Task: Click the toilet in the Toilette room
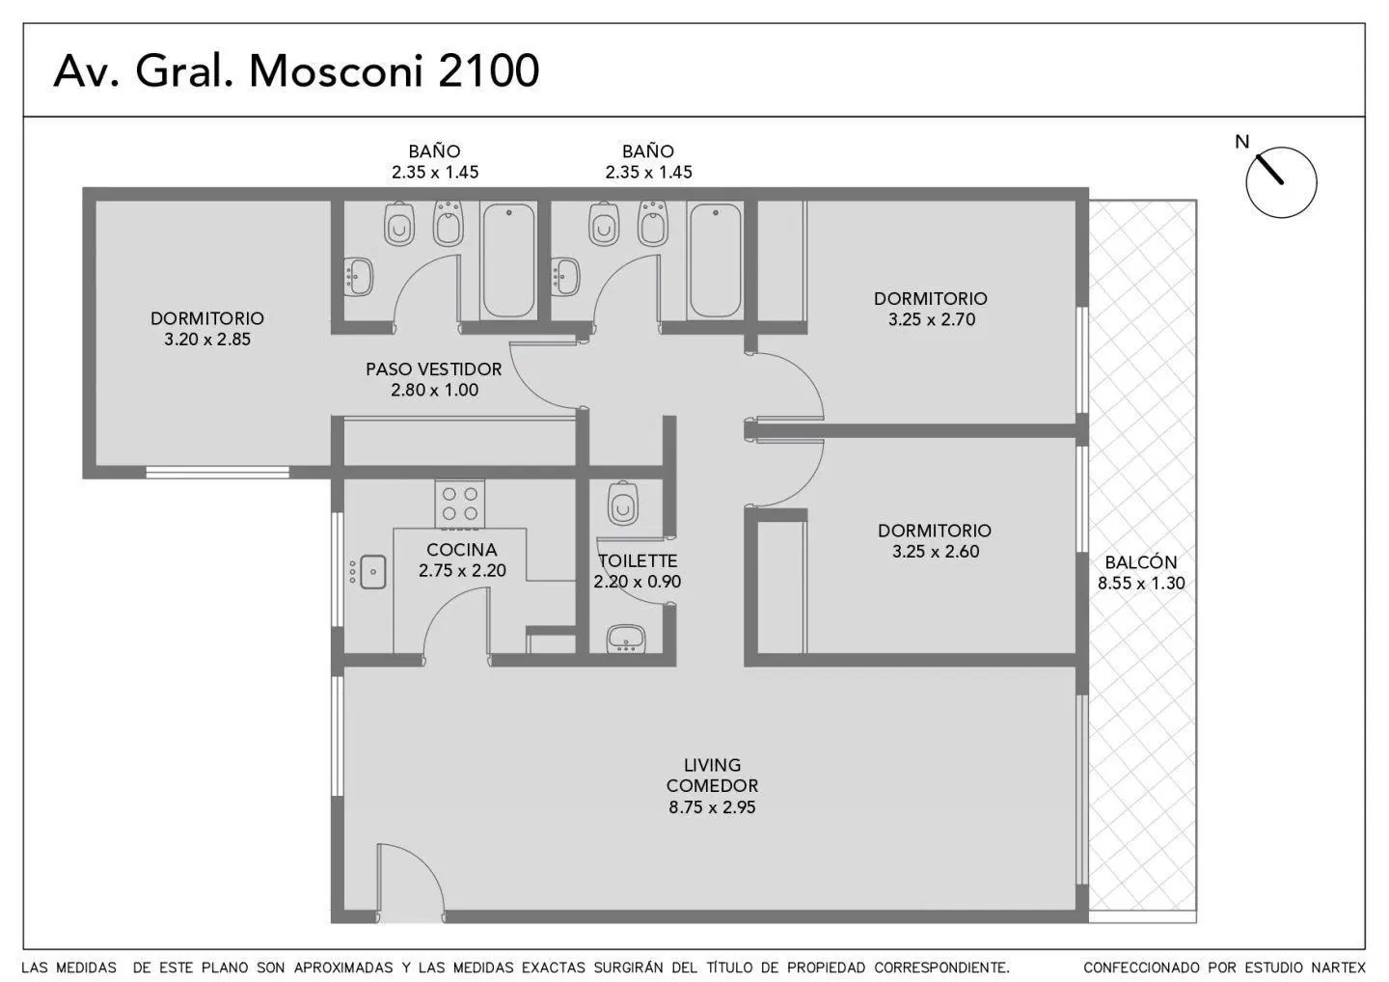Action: [x=622, y=503]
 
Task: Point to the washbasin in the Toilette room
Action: [x=626, y=639]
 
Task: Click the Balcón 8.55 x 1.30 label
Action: [x=1141, y=572]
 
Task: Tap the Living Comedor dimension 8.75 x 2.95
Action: [x=712, y=807]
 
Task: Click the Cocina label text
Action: [x=462, y=550]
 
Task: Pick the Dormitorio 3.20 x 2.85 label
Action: [x=207, y=329]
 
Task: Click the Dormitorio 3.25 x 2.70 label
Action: [x=931, y=309]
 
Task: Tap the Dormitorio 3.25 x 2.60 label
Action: [x=935, y=540]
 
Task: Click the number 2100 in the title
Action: [x=488, y=70]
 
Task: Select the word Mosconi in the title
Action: [x=336, y=70]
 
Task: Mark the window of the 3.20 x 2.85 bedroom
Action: [x=217, y=473]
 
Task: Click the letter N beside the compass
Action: [x=1241, y=142]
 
